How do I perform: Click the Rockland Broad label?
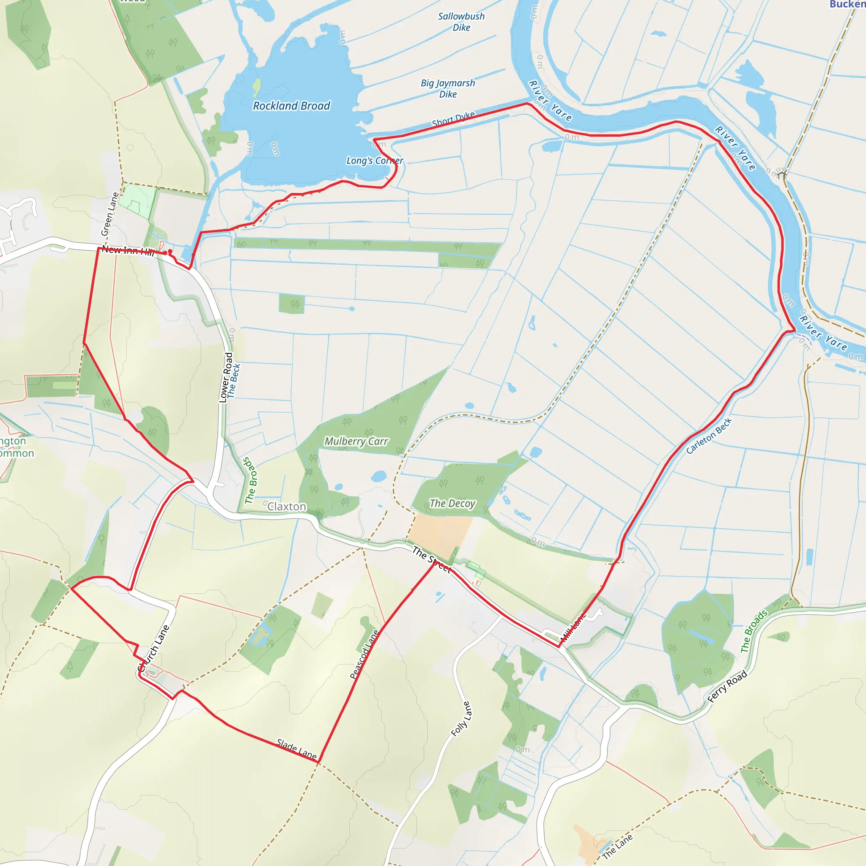coord(291,106)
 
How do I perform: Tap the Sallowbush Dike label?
coord(461,22)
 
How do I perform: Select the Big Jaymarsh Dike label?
coord(448,88)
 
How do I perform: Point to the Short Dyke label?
coord(453,119)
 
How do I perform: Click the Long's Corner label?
coord(375,160)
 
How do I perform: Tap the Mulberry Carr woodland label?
coord(356,441)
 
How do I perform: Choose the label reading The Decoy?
coord(452,503)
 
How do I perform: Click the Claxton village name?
coord(287,507)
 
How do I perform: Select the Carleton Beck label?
coord(709,435)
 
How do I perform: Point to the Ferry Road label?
coord(727,686)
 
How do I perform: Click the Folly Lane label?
coord(461,719)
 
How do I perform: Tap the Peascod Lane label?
coord(364,655)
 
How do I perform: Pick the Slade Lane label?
coord(297,749)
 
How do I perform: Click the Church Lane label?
coord(154,648)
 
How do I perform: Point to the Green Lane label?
coord(110,214)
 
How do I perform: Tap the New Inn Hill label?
coord(128,251)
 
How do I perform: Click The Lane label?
coord(617,847)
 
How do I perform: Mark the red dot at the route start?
coord(170,252)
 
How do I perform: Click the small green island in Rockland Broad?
coord(256,87)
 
